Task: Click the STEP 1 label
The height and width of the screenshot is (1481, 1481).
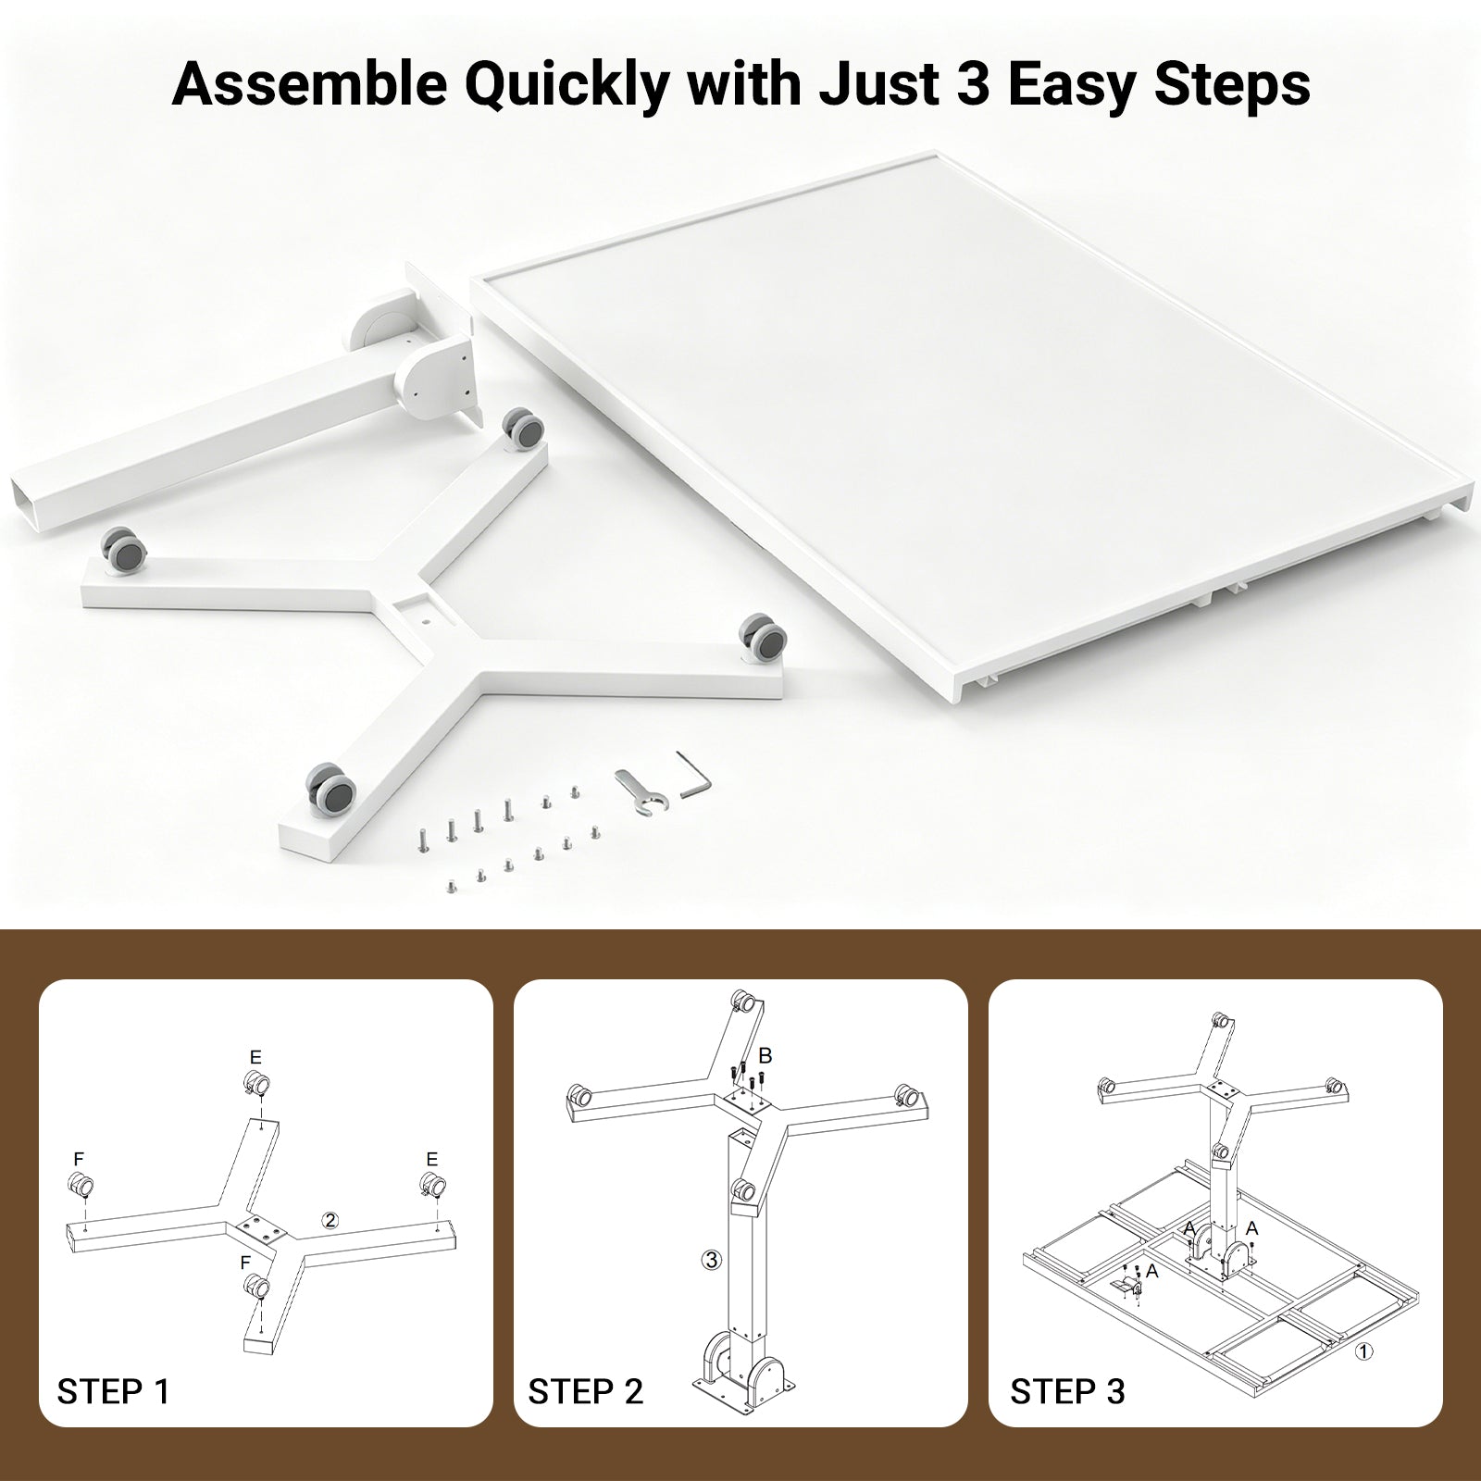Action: tap(114, 1391)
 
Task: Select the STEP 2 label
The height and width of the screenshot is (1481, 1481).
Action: tap(585, 1391)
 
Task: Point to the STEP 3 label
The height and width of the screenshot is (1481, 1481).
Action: tap(1067, 1391)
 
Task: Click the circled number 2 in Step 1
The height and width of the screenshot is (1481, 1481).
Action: tap(330, 1220)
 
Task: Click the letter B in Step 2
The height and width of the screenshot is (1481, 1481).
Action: tap(765, 1056)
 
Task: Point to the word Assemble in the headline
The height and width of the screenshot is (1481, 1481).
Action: tap(308, 84)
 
